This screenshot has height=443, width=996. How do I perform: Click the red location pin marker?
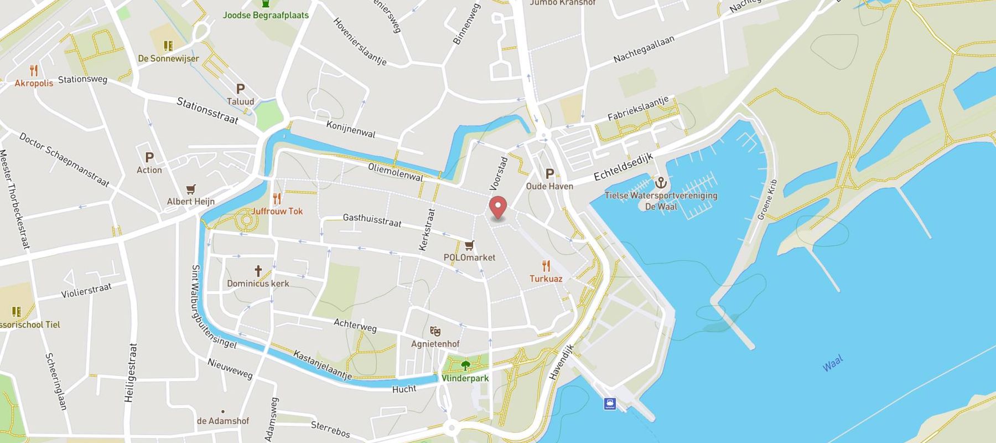(499, 208)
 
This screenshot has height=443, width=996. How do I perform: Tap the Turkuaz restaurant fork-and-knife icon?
(546, 266)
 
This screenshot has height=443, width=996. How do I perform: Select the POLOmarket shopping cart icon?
(469, 245)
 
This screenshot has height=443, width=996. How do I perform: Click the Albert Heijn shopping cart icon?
(191, 189)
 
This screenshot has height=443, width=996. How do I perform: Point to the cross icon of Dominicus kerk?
(258, 271)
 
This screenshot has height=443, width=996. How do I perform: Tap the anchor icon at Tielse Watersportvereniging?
(660, 182)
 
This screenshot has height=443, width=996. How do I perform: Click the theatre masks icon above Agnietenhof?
(435, 331)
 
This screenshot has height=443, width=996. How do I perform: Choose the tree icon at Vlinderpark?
(465, 365)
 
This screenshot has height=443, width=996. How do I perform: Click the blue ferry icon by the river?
(610, 403)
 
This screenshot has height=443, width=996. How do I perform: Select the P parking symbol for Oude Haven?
(549, 173)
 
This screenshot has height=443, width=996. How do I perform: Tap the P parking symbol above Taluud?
(240, 89)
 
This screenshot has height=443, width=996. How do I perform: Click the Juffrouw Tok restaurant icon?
(277, 199)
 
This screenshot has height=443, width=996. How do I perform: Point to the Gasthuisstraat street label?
(372, 220)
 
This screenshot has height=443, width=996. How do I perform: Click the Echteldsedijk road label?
(624, 167)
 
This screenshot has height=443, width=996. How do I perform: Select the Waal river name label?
(832, 363)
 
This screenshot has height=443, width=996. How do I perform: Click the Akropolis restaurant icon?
(34, 70)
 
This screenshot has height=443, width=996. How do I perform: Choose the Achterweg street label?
(355, 325)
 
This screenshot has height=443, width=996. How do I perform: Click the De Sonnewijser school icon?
(168, 45)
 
